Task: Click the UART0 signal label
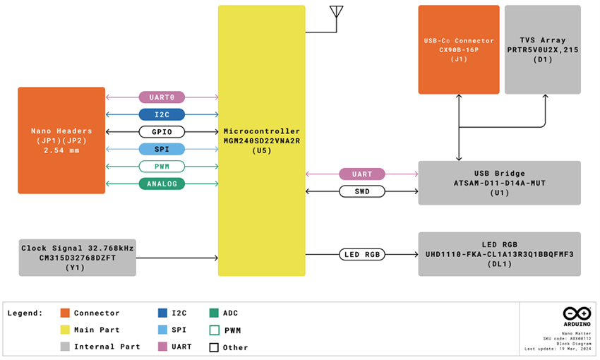tap(162, 97)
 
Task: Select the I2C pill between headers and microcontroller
tap(162, 114)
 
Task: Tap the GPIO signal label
tap(162, 132)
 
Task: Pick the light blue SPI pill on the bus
tap(162, 149)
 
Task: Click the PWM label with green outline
tap(162, 167)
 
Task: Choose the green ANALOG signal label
tap(162, 184)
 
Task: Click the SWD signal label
tap(361, 191)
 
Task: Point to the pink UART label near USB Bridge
tap(361, 174)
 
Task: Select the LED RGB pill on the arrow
tap(361, 254)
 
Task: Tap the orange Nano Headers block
tap(61, 140)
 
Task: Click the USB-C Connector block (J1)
tap(459, 49)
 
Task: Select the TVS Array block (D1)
tap(543, 49)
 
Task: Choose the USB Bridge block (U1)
tap(499, 183)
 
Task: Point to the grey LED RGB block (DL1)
tap(499, 254)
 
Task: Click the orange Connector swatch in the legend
tap(65, 313)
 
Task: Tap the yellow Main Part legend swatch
tap(65, 330)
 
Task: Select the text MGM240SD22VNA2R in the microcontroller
tap(261, 141)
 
